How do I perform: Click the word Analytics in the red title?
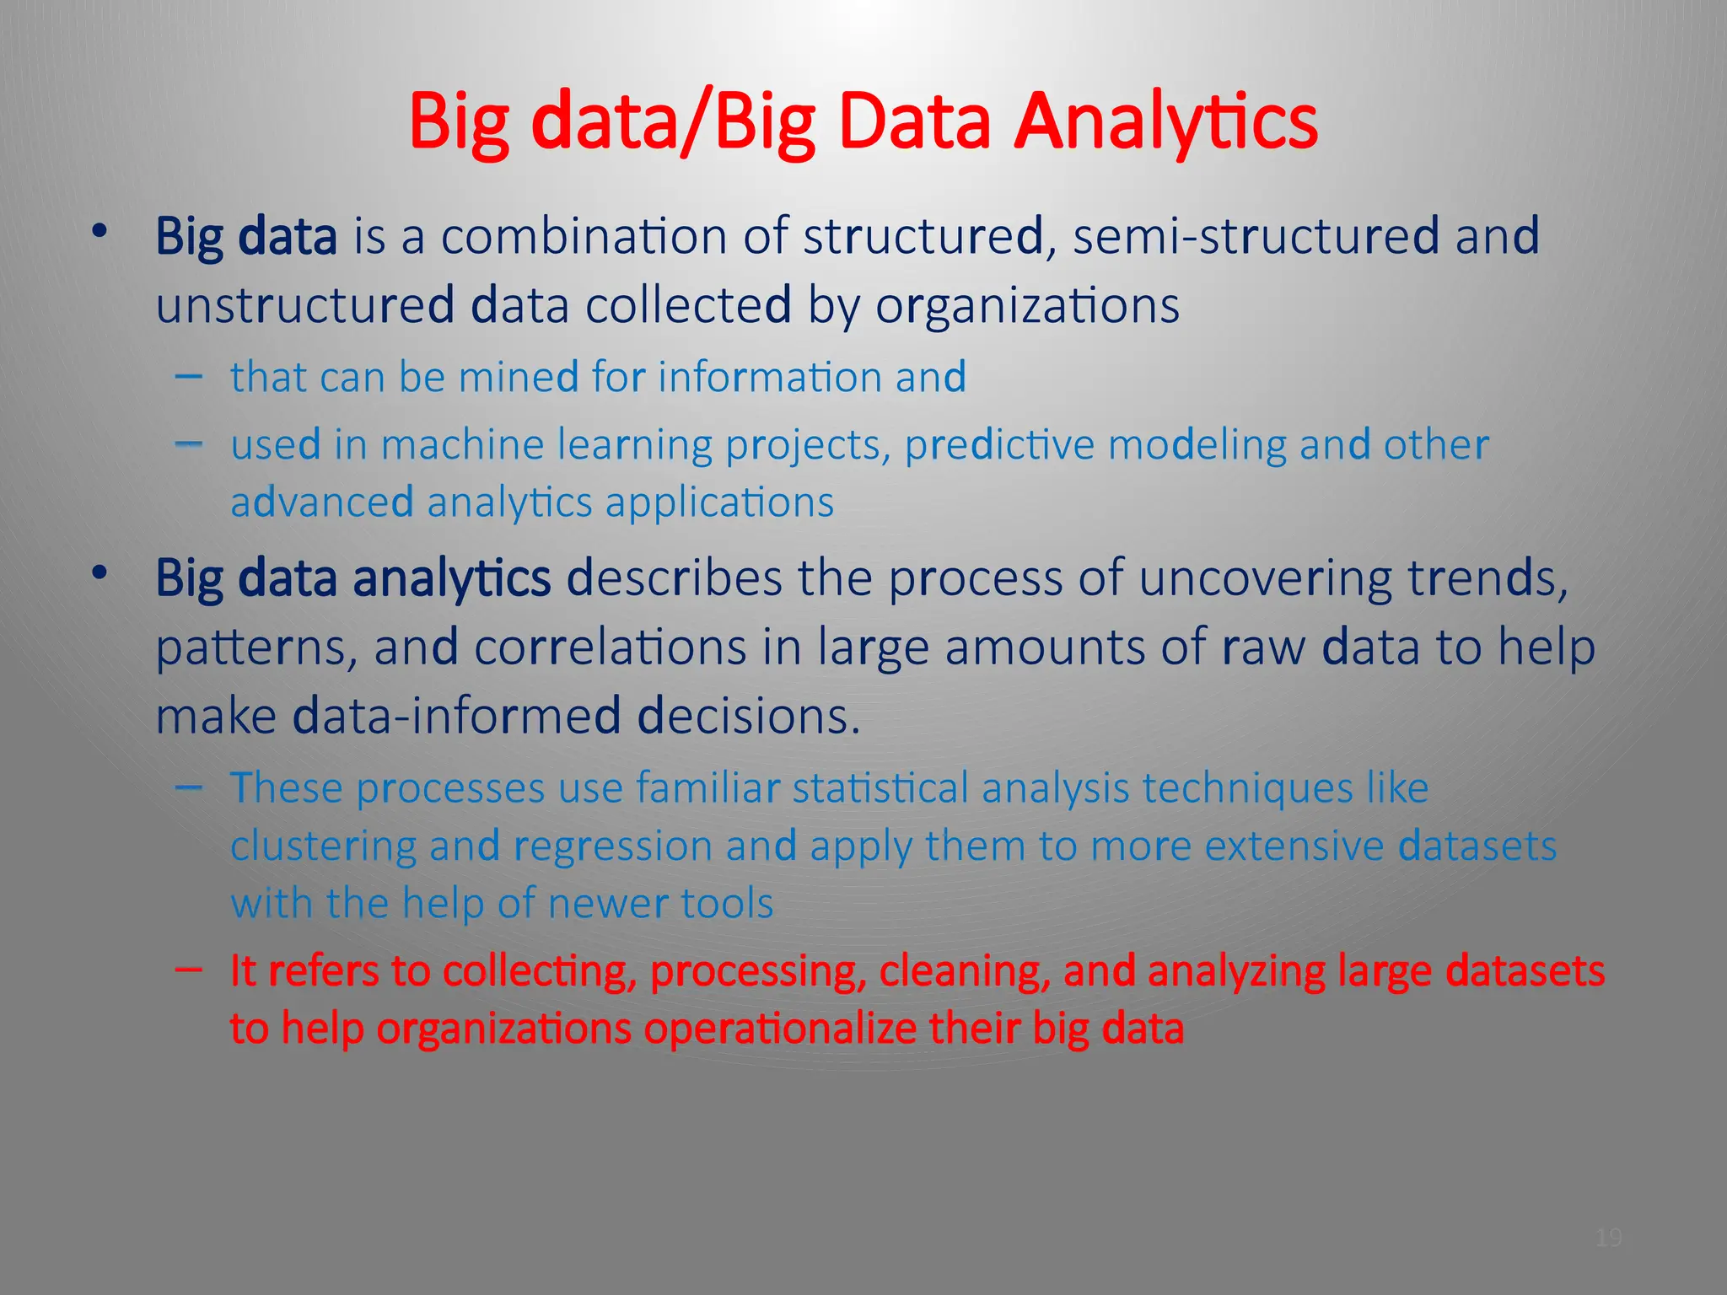tap(1165, 122)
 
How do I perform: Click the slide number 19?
tap(1609, 1238)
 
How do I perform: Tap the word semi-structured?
tap(1256, 236)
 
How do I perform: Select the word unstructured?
tap(305, 305)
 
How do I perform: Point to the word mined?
tap(518, 377)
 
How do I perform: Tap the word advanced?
tap(321, 503)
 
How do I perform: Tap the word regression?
tap(613, 846)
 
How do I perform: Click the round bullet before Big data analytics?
tap(100, 574)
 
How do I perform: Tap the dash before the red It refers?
tap(188, 970)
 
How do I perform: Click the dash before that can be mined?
tap(188, 375)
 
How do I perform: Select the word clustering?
tap(323, 846)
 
